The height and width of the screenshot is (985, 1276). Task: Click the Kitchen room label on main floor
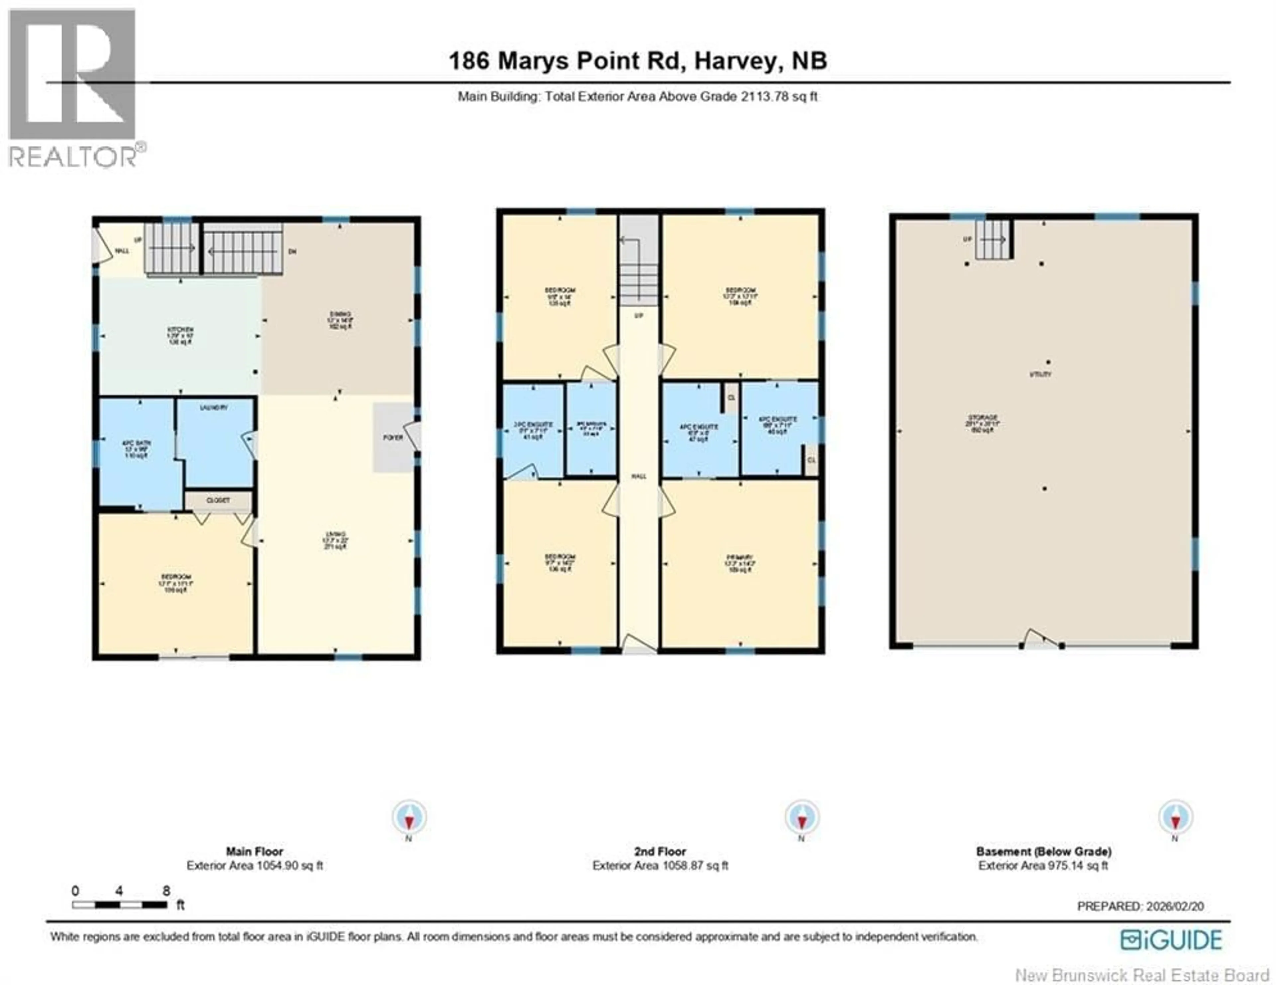point(180,330)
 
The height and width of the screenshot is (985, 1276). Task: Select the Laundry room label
point(214,408)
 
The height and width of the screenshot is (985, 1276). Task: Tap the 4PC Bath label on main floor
point(136,443)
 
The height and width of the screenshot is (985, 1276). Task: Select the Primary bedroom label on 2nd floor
point(740,557)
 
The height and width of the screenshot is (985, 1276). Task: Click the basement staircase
point(992,240)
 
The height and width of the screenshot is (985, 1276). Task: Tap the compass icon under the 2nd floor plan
point(801,817)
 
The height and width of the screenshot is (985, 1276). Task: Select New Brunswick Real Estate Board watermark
point(1142,975)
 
